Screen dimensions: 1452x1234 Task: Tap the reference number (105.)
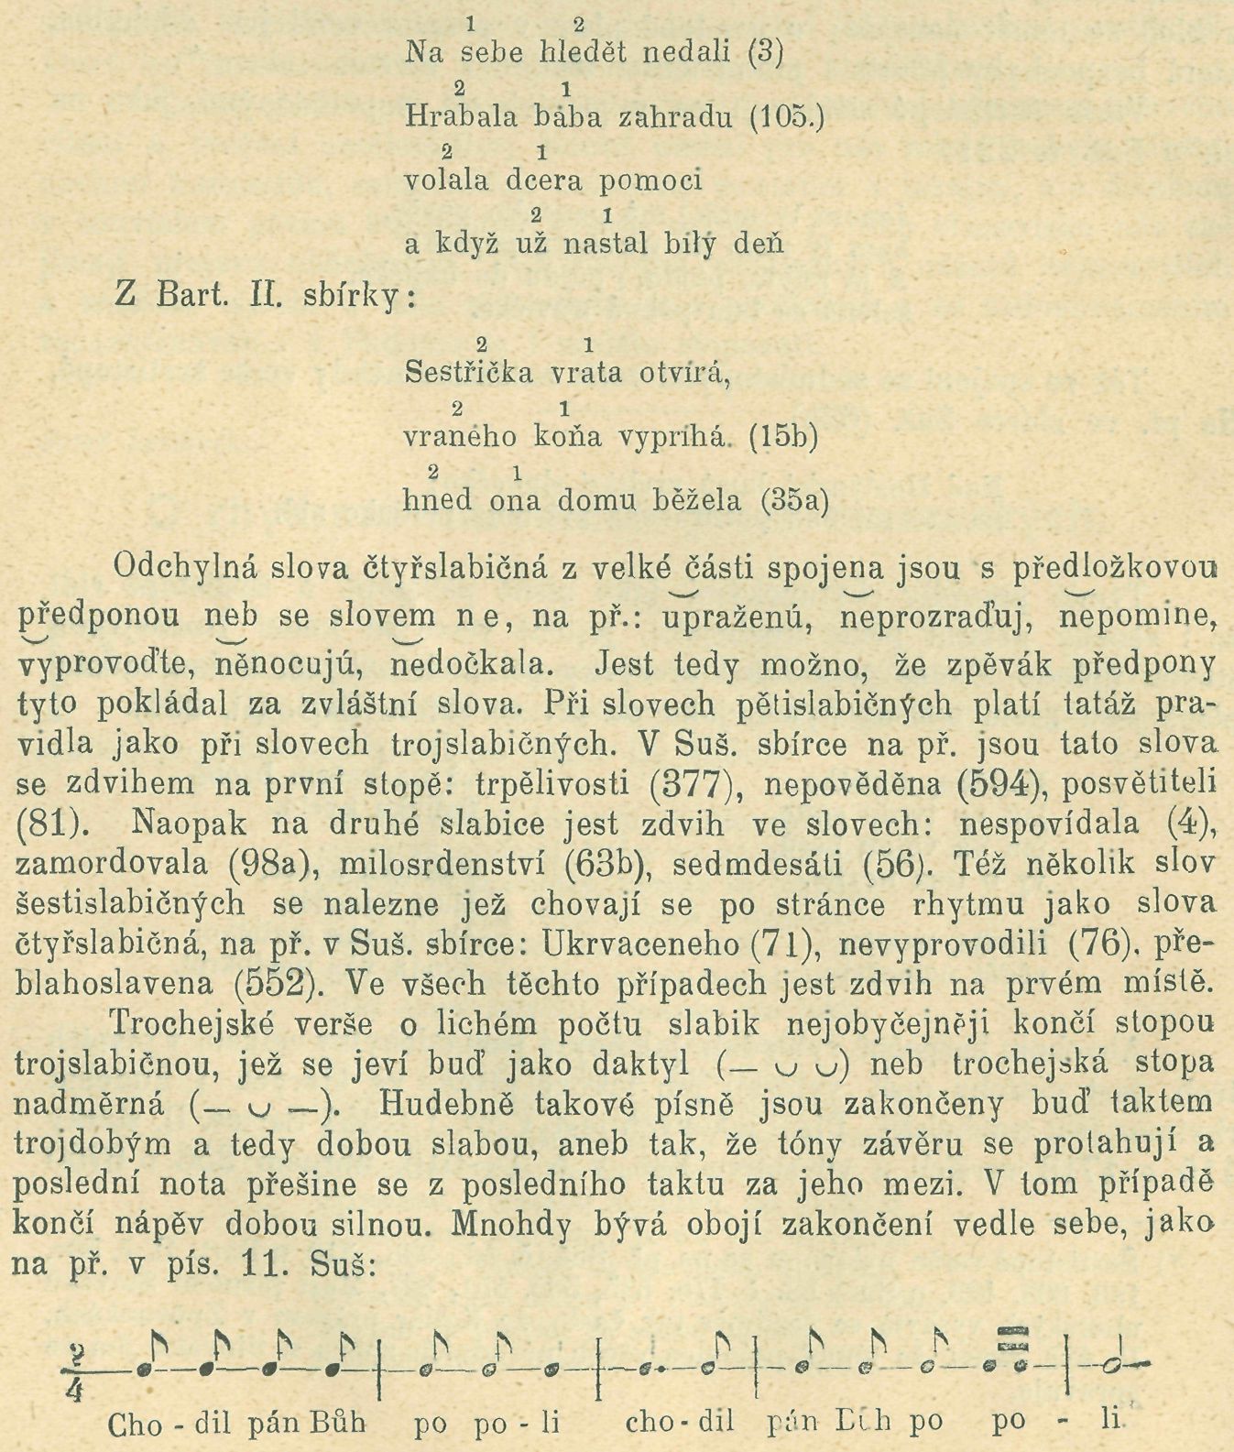pyautogui.click(x=787, y=117)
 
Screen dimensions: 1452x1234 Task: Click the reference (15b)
pyautogui.click(x=782, y=437)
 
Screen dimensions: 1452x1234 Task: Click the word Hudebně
pyautogui.click(x=438, y=1104)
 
